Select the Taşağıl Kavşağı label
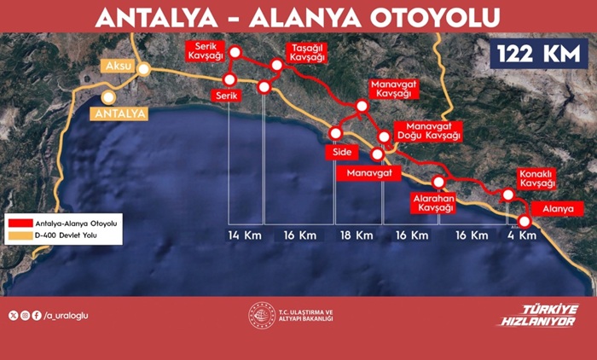point(307,52)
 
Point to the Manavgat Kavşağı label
point(391,91)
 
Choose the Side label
point(341,153)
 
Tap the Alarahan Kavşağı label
point(432,203)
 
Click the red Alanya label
point(552,207)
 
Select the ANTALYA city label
point(121,113)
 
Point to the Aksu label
point(116,66)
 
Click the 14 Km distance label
point(244,235)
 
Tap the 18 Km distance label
point(356,235)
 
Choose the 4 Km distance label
point(521,235)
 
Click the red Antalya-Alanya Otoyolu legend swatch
point(18,222)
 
